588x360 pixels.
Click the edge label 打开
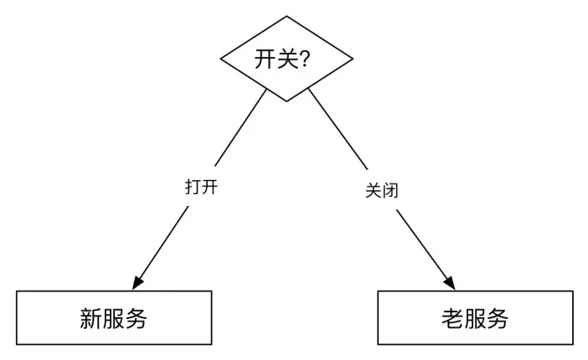click(202, 186)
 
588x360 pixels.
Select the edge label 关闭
click(381, 191)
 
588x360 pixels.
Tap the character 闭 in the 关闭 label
click(389, 191)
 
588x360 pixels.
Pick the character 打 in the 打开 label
click(193, 186)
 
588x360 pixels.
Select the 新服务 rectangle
click(114, 318)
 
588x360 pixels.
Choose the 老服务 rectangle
click(475, 318)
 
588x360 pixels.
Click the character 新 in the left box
click(90, 318)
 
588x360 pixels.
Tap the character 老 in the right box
click(451, 318)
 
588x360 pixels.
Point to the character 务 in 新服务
click(137, 318)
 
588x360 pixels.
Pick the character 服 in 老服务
click(475, 318)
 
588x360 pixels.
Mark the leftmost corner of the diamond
click(219, 59)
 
